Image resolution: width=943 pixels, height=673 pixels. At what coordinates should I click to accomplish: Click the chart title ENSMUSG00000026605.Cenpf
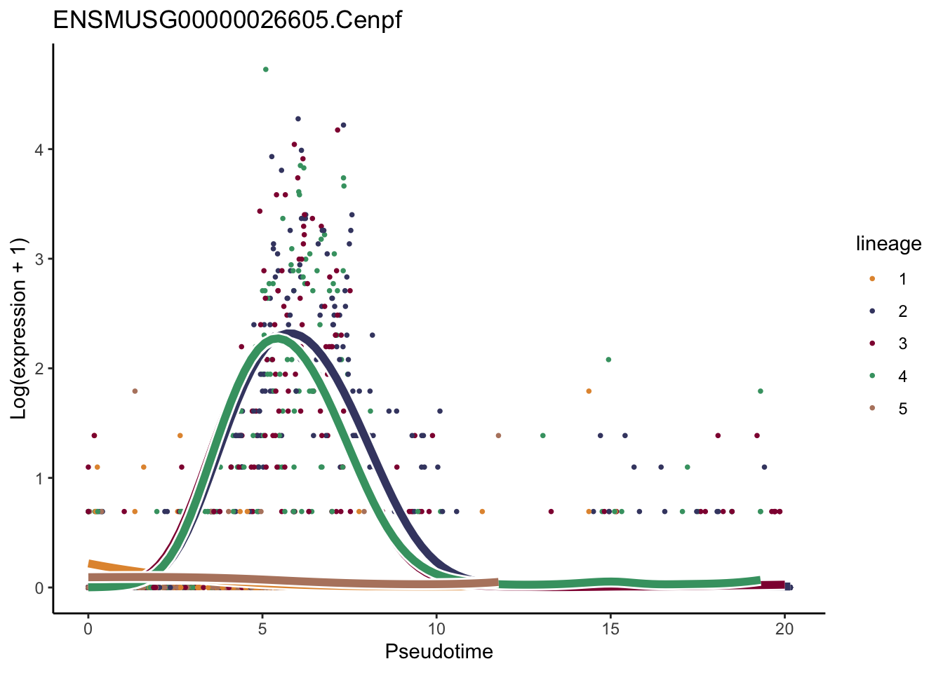(227, 20)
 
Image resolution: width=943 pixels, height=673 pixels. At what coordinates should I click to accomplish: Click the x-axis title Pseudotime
(439, 652)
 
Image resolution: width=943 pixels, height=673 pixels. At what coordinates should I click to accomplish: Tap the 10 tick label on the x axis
(436, 630)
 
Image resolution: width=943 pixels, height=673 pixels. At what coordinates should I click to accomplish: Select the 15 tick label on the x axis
(610, 630)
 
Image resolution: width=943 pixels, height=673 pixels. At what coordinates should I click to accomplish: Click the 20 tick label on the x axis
(784, 630)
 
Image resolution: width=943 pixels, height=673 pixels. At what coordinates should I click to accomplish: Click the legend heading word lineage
(888, 244)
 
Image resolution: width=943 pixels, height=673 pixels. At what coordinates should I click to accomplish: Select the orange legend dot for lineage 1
(872, 279)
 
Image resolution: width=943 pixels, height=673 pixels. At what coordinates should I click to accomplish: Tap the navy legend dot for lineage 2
(872, 311)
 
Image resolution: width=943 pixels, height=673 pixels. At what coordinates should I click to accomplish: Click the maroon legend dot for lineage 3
(872, 344)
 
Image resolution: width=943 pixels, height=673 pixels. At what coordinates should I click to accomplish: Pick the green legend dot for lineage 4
(872, 376)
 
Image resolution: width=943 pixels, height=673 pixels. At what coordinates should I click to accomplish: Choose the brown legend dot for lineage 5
(872, 409)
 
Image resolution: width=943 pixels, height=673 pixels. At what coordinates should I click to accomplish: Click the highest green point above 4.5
(265, 69)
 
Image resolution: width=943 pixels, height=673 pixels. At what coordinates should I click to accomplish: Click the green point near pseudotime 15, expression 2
(608, 360)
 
